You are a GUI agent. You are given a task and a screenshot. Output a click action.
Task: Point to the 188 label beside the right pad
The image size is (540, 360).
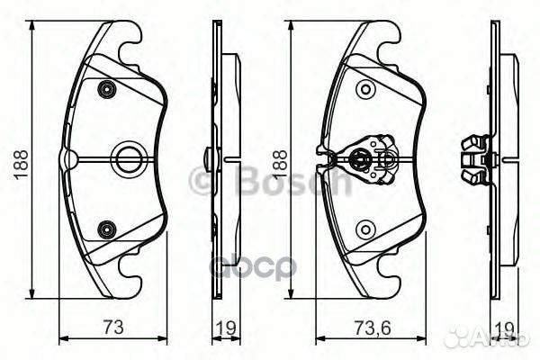click(281, 165)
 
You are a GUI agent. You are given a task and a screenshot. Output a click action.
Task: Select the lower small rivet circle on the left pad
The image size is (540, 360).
click(107, 229)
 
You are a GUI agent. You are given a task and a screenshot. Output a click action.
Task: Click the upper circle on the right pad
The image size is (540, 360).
click(364, 88)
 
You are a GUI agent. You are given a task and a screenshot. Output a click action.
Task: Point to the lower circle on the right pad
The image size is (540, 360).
click(364, 229)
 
